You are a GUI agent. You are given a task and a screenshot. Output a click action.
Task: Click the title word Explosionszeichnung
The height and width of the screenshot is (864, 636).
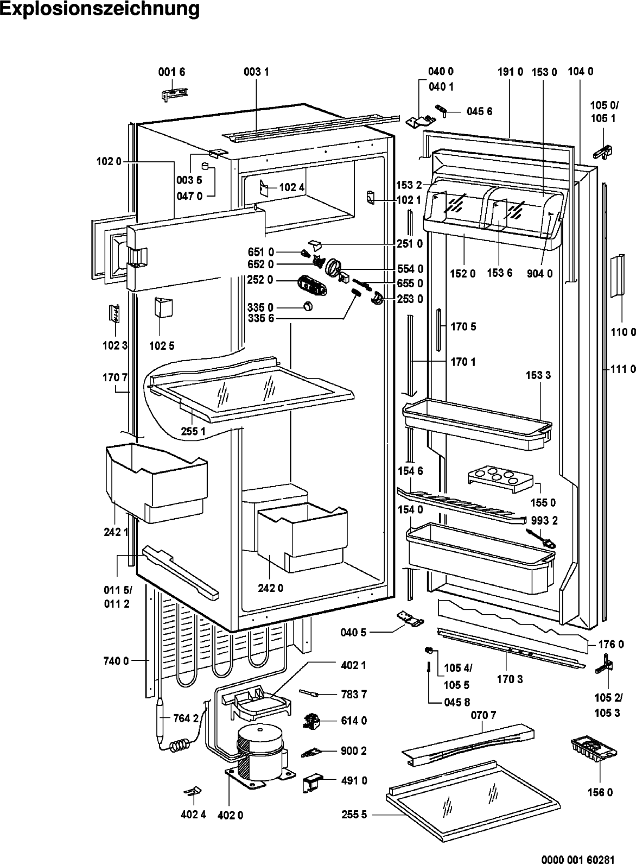pos(99,9)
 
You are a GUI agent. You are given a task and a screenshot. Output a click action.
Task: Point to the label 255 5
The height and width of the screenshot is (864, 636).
pos(354,815)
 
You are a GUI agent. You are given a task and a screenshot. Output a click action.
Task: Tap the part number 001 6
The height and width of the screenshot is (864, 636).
pos(171,72)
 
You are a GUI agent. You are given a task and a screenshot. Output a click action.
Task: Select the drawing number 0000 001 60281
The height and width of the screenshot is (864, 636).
pos(578,859)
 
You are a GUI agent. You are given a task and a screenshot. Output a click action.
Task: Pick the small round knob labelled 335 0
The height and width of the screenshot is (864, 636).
pos(307,306)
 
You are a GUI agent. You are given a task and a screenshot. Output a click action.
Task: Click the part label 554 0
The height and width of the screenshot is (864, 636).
pos(410,268)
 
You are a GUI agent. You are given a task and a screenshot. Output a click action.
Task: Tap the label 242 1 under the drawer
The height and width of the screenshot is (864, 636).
pos(116,532)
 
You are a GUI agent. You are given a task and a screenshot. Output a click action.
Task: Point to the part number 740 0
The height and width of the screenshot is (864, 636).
pos(116,661)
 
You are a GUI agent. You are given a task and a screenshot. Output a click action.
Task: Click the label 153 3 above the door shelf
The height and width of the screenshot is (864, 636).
pos(538,375)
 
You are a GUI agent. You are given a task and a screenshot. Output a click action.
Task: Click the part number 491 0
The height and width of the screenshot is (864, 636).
pos(354,781)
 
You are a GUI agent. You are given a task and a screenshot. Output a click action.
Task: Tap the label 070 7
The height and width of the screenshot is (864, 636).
pos(484,715)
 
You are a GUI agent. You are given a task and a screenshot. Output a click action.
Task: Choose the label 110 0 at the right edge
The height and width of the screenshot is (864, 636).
pos(623,332)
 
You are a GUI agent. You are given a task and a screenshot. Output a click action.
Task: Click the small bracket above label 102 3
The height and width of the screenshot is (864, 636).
pos(115,313)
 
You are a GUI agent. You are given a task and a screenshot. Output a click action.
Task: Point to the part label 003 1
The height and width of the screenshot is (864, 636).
pos(256,72)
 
